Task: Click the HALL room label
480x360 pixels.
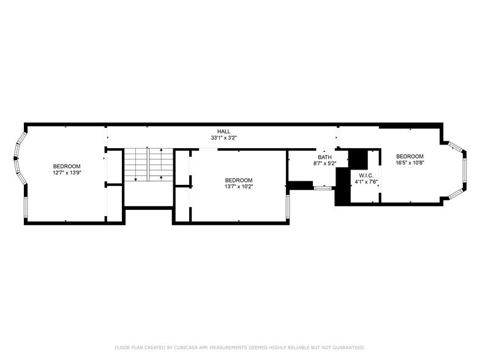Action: (x=224, y=131)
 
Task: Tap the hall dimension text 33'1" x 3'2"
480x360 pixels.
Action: (x=224, y=138)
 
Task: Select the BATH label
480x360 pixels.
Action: (x=324, y=157)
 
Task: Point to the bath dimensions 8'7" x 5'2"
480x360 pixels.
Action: (x=324, y=163)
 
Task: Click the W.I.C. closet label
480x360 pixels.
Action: (x=366, y=176)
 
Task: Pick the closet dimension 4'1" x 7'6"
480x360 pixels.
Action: (x=366, y=182)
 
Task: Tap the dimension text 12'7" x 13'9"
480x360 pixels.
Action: (x=67, y=173)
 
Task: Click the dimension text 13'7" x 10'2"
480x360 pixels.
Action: (x=239, y=186)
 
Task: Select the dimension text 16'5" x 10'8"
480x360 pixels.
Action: (x=410, y=163)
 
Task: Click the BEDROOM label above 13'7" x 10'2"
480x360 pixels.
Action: (x=239, y=180)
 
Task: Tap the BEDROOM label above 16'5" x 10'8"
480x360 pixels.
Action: (x=410, y=157)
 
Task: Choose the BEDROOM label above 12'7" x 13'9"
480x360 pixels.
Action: (x=67, y=167)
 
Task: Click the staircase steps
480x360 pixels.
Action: (x=148, y=165)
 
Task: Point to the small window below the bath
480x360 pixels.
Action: (x=323, y=187)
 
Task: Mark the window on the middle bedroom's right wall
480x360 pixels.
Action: (x=288, y=207)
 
